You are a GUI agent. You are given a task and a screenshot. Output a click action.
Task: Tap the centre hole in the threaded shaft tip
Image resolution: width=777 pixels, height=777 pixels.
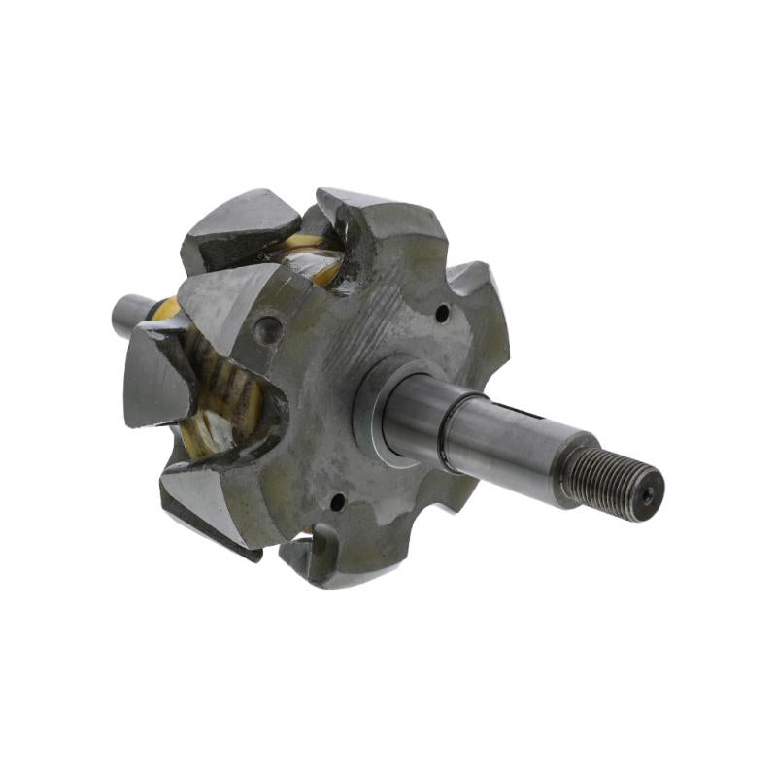click(x=648, y=492)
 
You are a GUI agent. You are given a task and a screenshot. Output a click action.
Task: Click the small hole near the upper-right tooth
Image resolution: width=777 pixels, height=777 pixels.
click(x=442, y=314)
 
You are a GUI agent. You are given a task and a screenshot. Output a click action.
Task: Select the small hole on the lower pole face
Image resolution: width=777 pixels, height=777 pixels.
click(x=337, y=502)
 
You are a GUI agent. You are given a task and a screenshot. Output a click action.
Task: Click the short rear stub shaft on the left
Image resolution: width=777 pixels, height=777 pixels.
click(x=130, y=313)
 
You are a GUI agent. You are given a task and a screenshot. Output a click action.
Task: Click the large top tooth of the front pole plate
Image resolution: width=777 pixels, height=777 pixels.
click(x=379, y=219)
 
